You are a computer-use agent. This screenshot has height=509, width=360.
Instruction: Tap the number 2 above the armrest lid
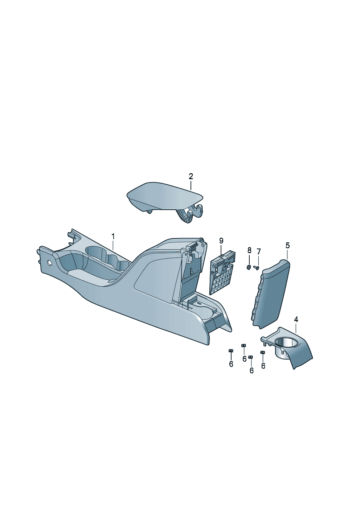click(191, 176)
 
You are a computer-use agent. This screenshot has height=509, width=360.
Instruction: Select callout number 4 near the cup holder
click(296, 320)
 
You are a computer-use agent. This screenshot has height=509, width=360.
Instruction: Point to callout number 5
click(287, 245)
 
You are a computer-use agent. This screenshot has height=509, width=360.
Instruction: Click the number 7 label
click(258, 251)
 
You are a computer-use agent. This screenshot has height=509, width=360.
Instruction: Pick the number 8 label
click(249, 250)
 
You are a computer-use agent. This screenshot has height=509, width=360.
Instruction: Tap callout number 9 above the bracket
click(221, 241)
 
